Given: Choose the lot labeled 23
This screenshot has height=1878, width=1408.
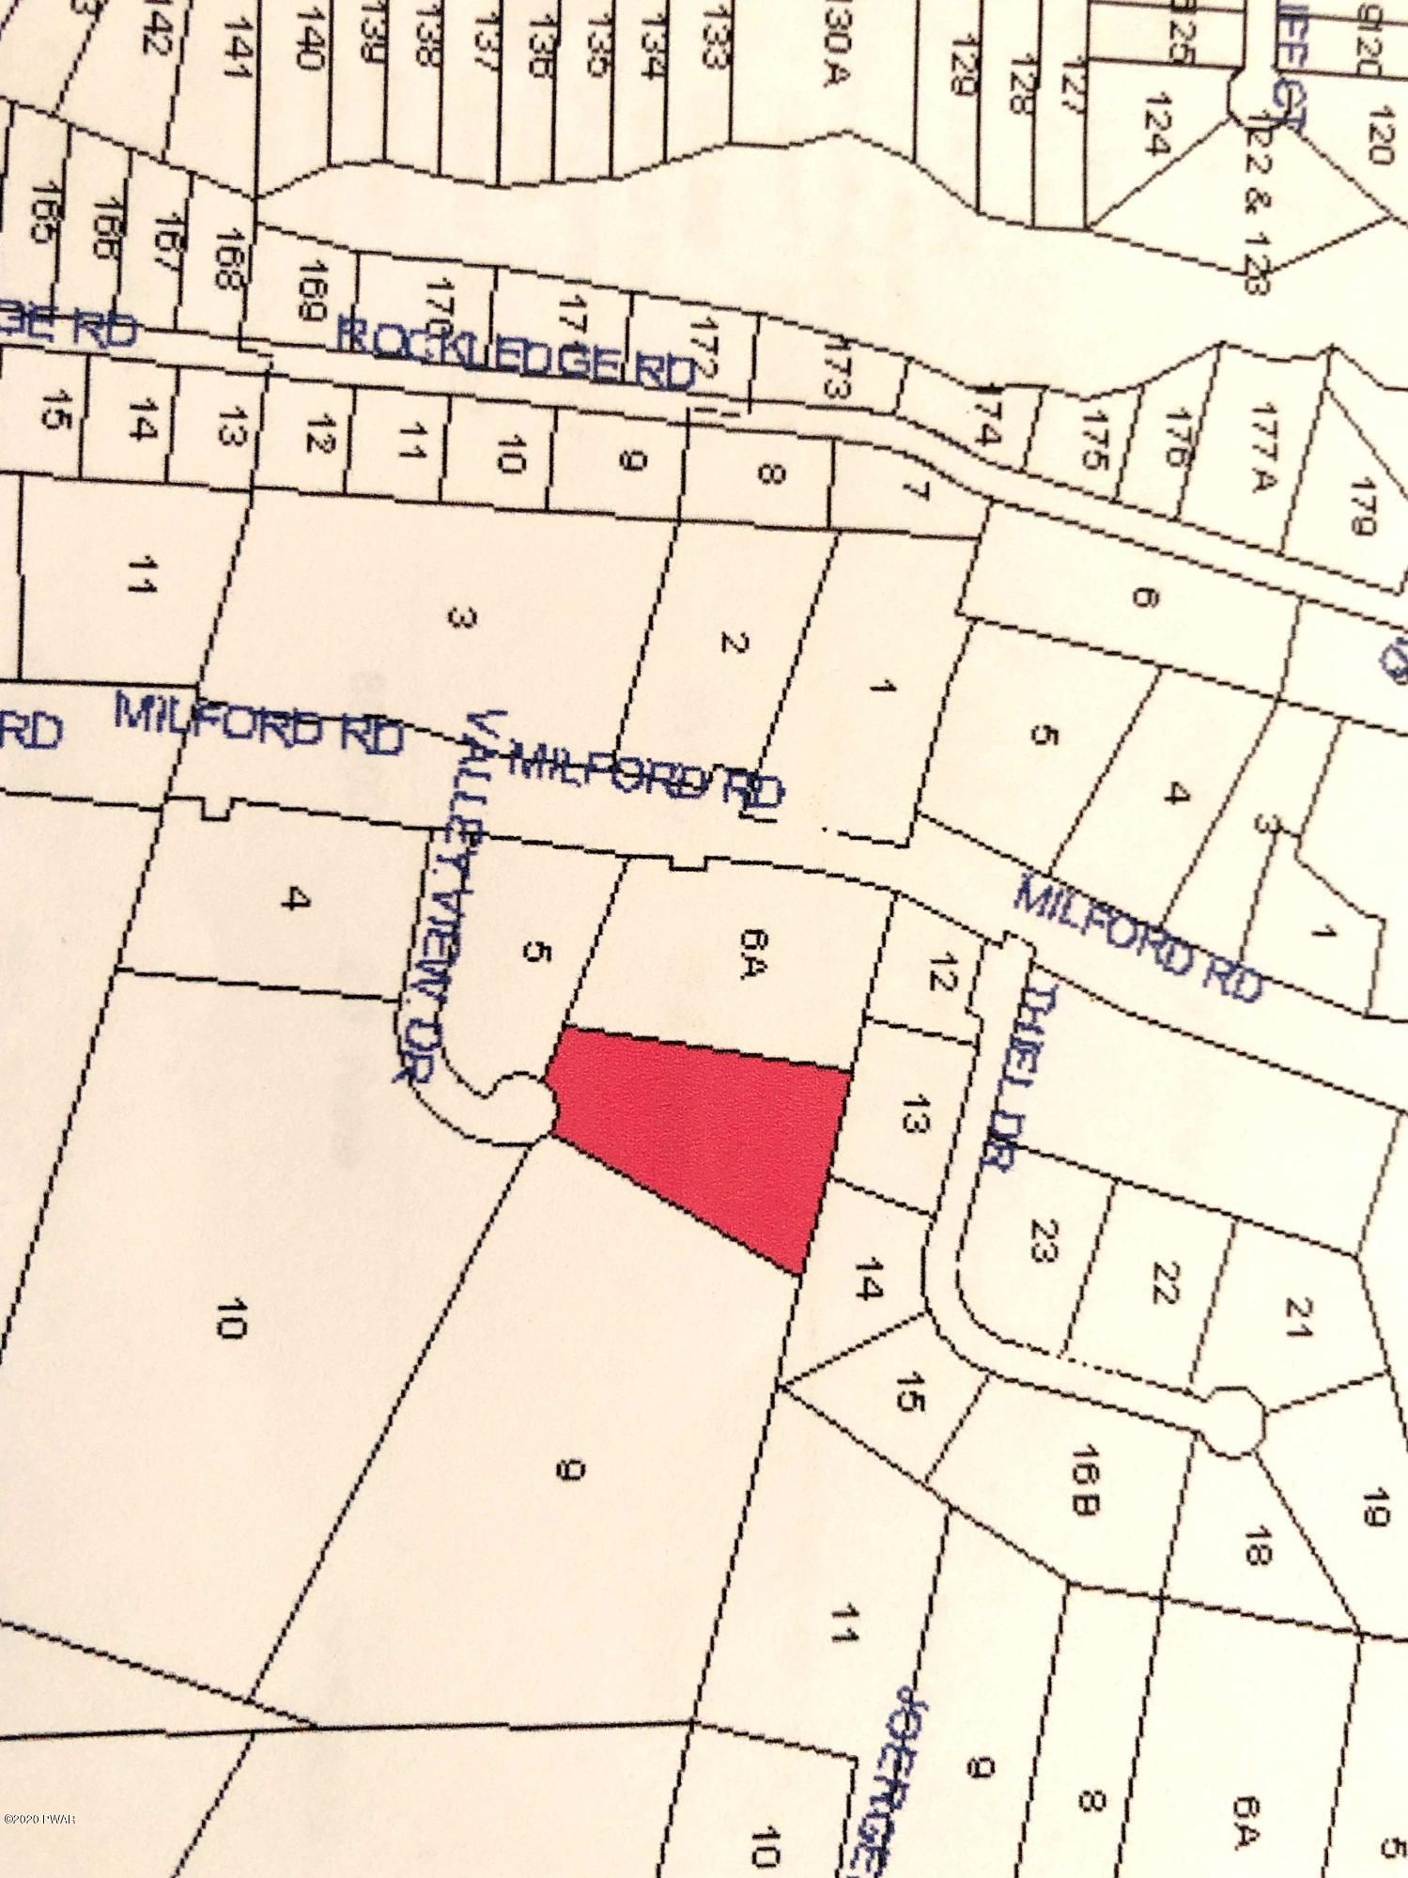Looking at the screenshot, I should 1043,1240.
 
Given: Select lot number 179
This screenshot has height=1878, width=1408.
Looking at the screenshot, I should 1360,507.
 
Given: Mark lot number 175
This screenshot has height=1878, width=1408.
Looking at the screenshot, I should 1094,442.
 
